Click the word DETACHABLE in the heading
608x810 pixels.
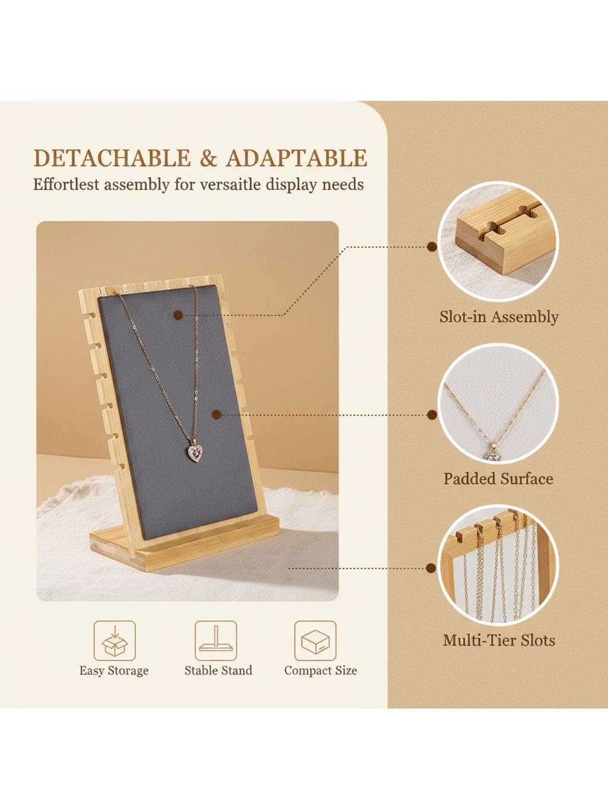(113, 158)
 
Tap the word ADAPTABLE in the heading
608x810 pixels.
(297, 158)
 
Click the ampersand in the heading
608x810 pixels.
(209, 158)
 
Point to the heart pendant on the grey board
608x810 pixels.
(195, 451)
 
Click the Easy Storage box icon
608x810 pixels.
(115, 641)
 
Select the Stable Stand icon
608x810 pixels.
(216, 641)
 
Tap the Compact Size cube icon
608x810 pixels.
(315, 641)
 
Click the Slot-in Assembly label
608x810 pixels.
(499, 317)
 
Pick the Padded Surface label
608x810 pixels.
(498, 479)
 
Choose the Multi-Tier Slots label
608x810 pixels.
(499, 640)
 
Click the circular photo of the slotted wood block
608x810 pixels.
(498, 242)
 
